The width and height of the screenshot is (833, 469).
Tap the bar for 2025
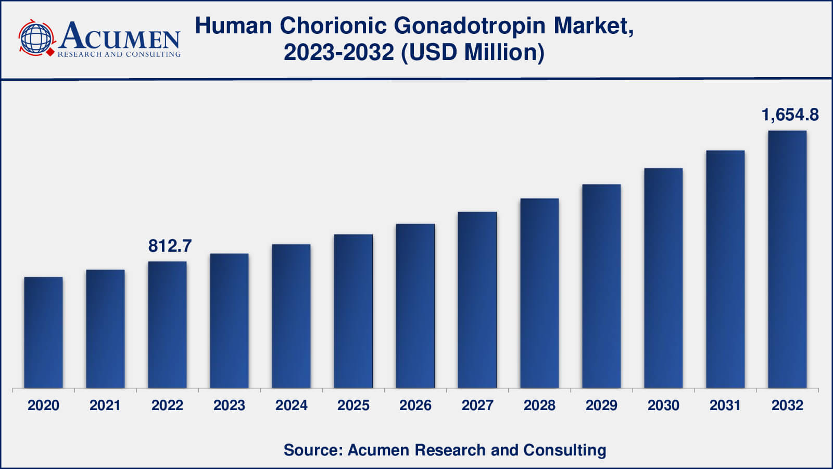[x=353, y=311]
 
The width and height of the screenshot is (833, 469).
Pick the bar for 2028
[x=539, y=293]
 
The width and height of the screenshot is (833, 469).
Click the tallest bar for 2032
[x=787, y=259]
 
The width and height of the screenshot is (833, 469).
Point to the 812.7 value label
[x=170, y=245]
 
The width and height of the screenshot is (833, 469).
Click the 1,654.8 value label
[x=790, y=115]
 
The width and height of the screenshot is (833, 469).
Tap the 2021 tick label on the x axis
[x=105, y=405]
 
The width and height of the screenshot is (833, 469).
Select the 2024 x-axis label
[x=291, y=405]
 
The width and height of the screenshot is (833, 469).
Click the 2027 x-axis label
[x=477, y=405]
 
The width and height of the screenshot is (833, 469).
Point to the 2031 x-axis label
[x=725, y=405]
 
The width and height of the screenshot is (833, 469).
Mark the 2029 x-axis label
[x=601, y=405]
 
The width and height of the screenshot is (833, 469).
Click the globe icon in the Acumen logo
[x=36, y=38]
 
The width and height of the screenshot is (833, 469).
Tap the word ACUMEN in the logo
[x=120, y=36]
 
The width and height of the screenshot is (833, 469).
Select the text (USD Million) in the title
[x=472, y=52]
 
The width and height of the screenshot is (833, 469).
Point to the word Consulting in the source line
[x=564, y=450]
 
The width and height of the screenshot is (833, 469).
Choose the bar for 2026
[x=415, y=306]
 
